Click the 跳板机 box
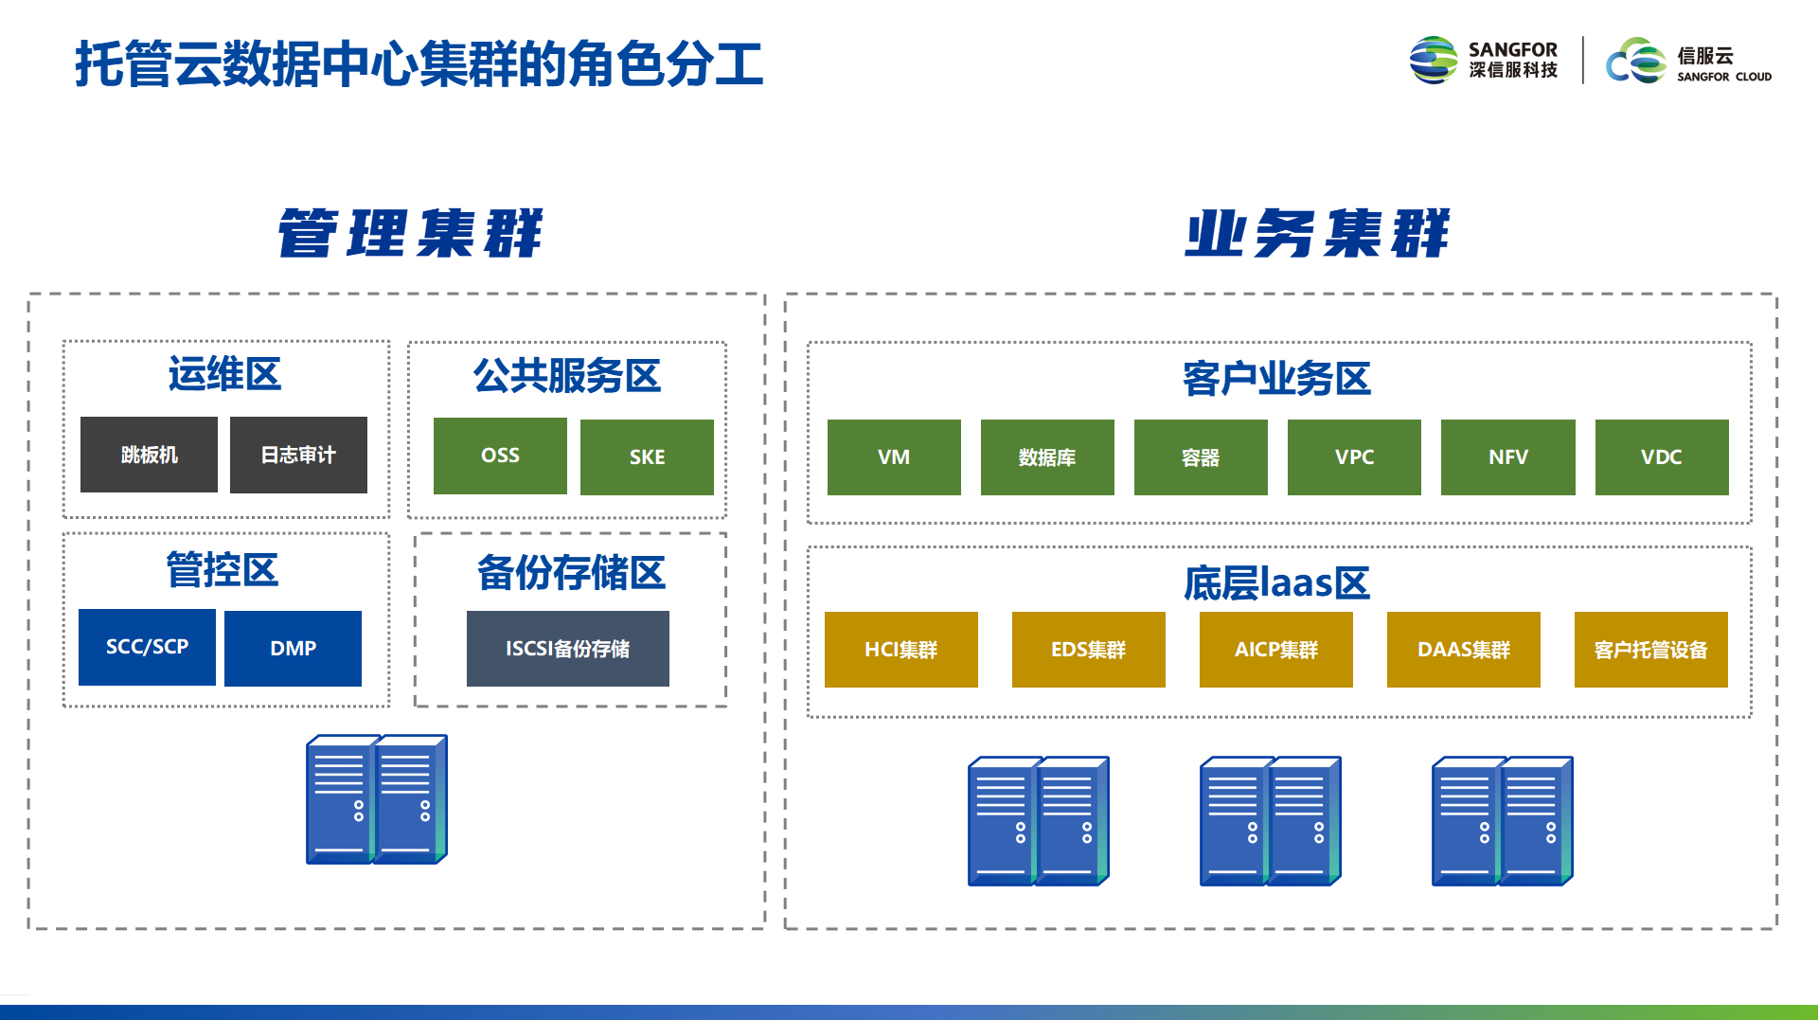coord(149,455)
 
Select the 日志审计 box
coord(298,455)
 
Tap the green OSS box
coord(500,456)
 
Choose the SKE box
coord(647,456)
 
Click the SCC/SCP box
coord(147,647)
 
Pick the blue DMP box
coord(293,648)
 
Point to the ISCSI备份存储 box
coord(568,649)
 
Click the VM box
coord(894,456)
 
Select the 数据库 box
coord(1047,456)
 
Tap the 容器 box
coord(1201,456)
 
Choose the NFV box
coord(1508,456)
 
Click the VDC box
coord(1662,456)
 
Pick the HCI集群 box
coord(901,650)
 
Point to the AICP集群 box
coord(1276,650)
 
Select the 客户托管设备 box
coord(1651,650)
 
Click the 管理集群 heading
coord(410,233)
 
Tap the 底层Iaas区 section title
coord(1276,582)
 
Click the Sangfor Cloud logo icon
coord(1635,61)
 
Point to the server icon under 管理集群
coord(377,799)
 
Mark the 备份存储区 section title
coord(571,572)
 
